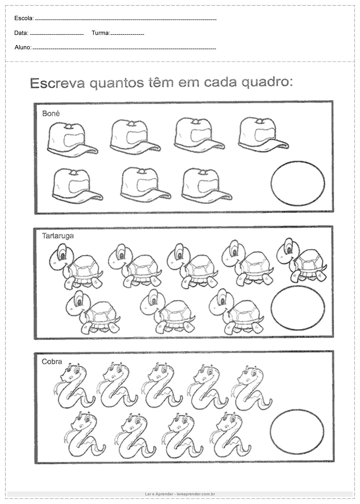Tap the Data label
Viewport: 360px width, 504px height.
21,33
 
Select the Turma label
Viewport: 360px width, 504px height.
101,33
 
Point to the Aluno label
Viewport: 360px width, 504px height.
23,47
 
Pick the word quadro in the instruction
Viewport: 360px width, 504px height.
267,83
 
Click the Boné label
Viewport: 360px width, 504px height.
51,113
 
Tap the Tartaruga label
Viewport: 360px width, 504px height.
58,236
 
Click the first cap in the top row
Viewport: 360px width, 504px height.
72,140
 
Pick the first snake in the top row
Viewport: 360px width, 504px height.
74,384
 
